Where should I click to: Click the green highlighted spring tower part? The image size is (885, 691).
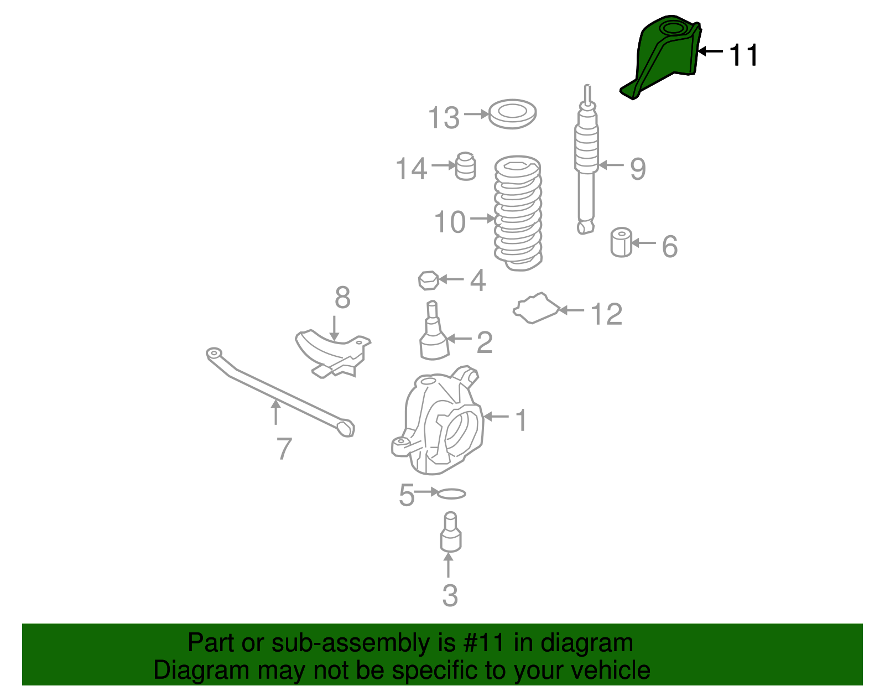pyautogui.click(x=664, y=55)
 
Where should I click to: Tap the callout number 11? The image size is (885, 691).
pyautogui.click(x=743, y=55)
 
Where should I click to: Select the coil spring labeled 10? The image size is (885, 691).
pyautogui.click(x=518, y=213)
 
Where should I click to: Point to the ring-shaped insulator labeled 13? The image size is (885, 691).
pyautogui.click(x=512, y=115)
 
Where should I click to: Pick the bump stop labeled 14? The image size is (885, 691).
pyautogui.click(x=466, y=167)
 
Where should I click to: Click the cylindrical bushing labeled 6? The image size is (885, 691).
pyautogui.click(x=621, y=242)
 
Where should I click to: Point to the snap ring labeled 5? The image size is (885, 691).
pyautogui.click(x=451, y=493)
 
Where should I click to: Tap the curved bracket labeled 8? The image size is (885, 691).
pyautogui.click(x=332, y=354)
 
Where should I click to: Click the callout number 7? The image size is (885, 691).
pyautogui.click(x=284, y=449)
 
